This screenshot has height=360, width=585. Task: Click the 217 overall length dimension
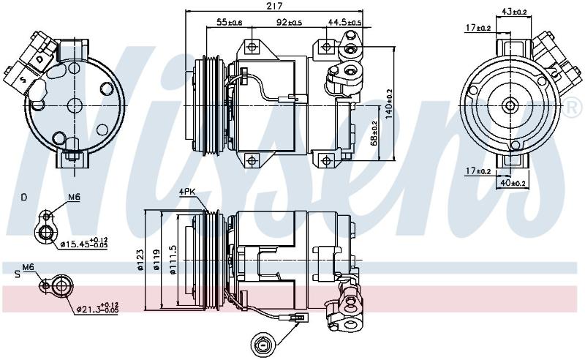276,6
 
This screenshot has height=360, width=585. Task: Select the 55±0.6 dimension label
230,23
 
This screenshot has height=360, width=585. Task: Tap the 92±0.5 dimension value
289,23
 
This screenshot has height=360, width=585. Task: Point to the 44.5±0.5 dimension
344,23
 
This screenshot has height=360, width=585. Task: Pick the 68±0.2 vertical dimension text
374,133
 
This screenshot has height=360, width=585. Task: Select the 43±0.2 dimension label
514,12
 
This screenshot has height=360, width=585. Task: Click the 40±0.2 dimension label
513,183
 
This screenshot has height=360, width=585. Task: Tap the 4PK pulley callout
187,192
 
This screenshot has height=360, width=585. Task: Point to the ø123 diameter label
140,260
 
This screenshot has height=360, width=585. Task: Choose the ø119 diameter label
156,260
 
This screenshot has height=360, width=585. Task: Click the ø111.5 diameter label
173,260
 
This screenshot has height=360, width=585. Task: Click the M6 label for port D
74,197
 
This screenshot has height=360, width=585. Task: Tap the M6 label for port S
29,267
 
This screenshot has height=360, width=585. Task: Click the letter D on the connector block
40,59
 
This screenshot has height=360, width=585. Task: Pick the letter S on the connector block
23,80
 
